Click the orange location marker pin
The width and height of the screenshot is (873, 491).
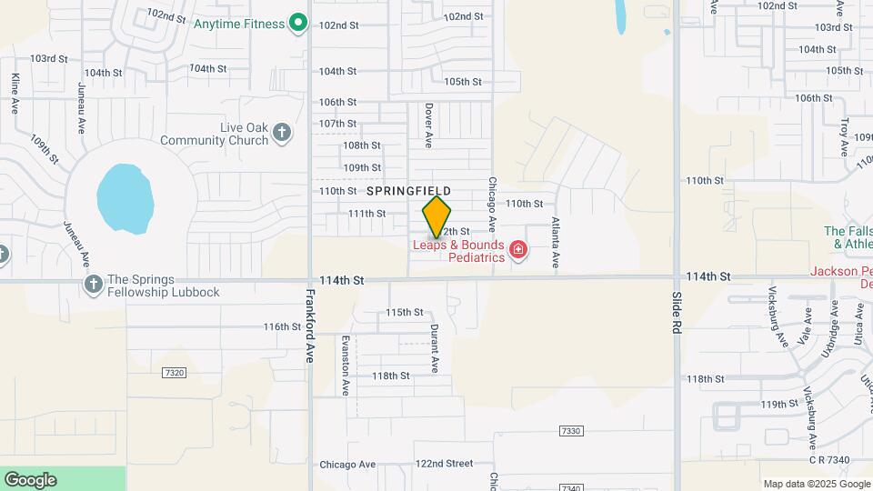pyautogui.click(x=436, y=216)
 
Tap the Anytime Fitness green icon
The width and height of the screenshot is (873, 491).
pyautogui.click(x=297, y=24)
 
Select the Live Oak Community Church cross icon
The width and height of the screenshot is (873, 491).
pyautogui.click(x=282, y=133)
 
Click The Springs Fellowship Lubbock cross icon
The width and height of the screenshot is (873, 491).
pyautogui.click(x=93, y=286)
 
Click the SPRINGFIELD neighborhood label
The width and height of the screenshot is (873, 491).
pyautogui.click(x=408, y=191)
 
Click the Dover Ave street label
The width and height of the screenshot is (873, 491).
pyautogui.click(x=429, y=125)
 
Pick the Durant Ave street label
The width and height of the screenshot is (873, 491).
pyautogui.click(x=435, y=348)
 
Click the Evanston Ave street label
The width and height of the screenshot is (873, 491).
pyautogui.click(x=345, y=365)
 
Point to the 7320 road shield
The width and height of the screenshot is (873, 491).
pyautogui.click(x=176, y=373)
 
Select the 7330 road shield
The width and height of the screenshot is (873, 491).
pyautogui.click(x=570, y=430)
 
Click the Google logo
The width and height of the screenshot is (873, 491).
pyautogui.click(x=30, y=480)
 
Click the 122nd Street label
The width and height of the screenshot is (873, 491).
pyautogui.click(x=444, y=464)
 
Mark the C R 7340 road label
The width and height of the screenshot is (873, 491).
pyautogui.click(x=825, y=460)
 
